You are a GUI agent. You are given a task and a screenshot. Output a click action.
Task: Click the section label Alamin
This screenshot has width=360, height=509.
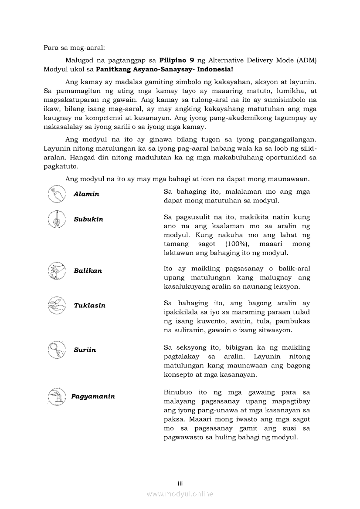[x=86, y=194]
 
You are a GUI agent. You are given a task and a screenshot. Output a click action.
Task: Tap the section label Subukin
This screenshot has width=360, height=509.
[x=88, y=219]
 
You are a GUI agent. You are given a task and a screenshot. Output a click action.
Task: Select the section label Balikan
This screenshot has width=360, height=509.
[x=88, y=271]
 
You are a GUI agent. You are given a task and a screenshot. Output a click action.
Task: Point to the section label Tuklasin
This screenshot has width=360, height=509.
[x=89, y=306]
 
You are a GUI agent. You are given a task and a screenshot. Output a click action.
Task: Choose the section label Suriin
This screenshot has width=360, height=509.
[x=85, y=350]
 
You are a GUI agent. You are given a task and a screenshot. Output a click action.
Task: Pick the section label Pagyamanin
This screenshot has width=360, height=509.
[x=93, y=397]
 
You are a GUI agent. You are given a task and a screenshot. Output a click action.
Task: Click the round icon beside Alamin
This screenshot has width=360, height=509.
[x=57, y=194]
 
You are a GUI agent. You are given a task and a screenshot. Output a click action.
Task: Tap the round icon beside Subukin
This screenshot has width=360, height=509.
[x=57, y=219]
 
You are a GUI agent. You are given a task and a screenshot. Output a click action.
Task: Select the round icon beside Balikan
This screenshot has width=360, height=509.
[x=57, y=271]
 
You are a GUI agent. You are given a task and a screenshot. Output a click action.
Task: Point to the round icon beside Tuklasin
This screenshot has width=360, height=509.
[x=57, y=306]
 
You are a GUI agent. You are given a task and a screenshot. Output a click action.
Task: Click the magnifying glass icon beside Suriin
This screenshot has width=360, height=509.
[x=57, y=350]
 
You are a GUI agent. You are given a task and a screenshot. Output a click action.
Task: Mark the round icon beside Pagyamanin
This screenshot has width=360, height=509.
[x=57, y=396]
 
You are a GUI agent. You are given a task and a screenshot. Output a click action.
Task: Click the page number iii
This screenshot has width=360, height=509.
[x=180, y=483]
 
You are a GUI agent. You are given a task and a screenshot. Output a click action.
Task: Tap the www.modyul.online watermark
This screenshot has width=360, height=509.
[x=180, y=494]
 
